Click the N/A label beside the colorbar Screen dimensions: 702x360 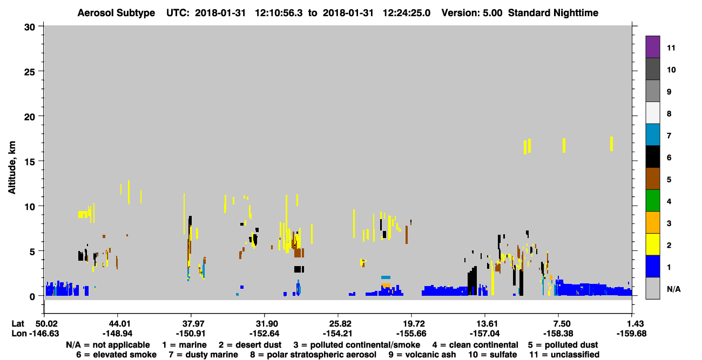tap(673, 289)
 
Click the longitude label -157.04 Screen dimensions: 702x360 tap(484, 334)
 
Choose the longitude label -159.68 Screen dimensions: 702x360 tap(631, 334)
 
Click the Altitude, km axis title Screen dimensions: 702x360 tap(12, 168)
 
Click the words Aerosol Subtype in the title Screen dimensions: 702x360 tap(116, 13)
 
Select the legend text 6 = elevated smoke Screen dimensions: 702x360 tap(116, 355)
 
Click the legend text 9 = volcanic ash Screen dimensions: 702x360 tap(422, 355)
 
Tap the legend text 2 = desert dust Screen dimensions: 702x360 tap(250, 345)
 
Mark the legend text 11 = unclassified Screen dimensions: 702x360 tap(564, 355)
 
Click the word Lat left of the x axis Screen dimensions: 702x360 tap(18, 323)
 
